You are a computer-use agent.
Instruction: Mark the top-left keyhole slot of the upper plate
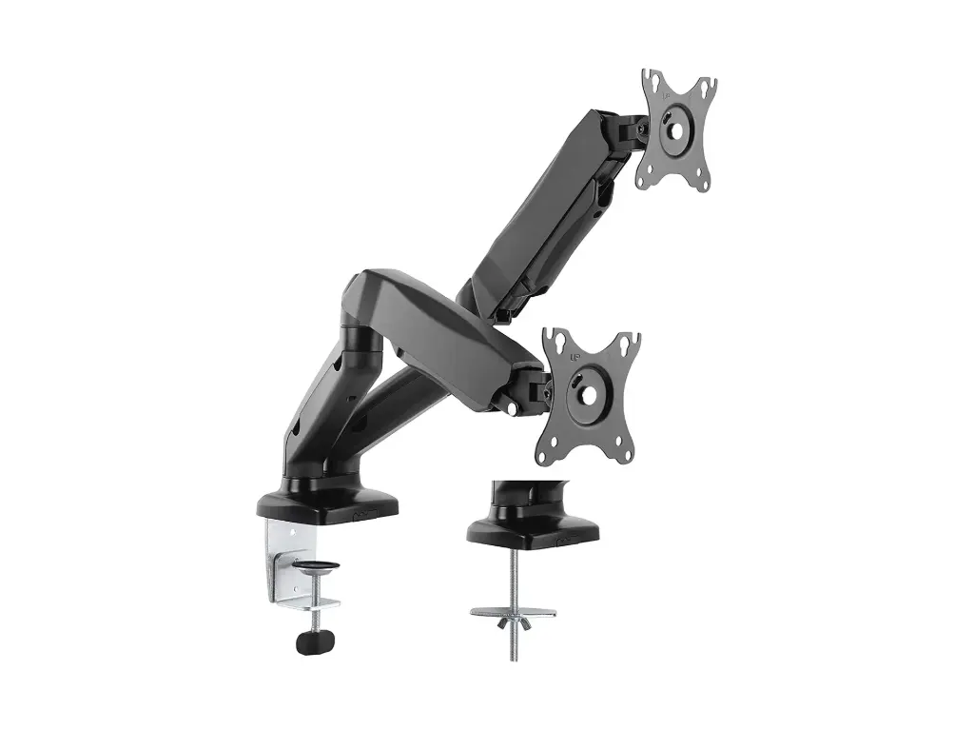pos(651,80)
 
